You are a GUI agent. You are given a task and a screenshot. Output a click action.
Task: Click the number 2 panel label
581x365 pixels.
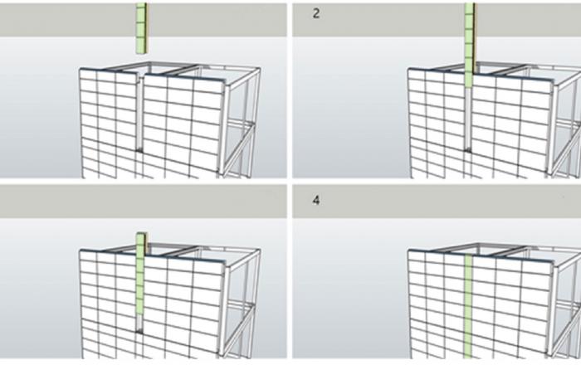(x=316, y=14)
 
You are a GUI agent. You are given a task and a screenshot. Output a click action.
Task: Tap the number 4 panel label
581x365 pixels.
(x=316, y=200)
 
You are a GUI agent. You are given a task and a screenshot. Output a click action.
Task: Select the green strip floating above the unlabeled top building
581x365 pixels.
(x=142, y=28)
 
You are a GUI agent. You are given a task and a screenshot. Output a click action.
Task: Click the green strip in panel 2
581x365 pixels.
(x=469, y=45)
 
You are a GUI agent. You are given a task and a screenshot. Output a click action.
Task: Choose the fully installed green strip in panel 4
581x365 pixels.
(x=468, y=306)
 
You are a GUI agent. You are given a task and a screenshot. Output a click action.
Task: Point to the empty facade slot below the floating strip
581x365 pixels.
(x=140, y=113)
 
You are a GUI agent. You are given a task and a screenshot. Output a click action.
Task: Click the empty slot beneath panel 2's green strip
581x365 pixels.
(x=468, y=119)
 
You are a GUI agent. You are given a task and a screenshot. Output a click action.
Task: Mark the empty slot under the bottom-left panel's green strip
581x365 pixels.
(x=139, y=323)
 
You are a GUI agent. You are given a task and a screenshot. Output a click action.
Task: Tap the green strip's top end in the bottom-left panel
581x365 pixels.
(x=142, y=233)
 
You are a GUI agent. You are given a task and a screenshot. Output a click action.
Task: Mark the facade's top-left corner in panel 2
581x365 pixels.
(x=408, y=69)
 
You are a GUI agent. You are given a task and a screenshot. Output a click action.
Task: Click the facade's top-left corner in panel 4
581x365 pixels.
(x=408, y=251)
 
